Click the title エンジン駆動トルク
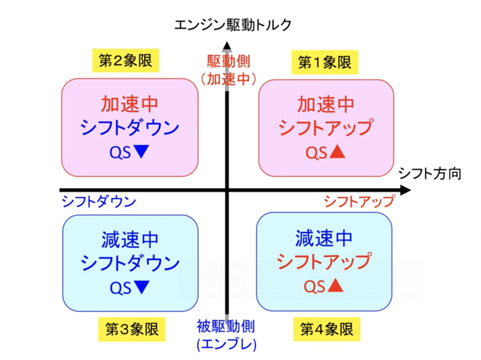click(x=232, y=25)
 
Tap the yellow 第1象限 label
click(x=325, y=62)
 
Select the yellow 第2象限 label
click(x=125, y=60)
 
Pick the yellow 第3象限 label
click(x=132, y=329)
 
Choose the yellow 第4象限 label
click(x=327, y=329)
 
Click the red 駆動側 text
click(x=228, y=61)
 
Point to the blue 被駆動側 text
click(x=226, y=327)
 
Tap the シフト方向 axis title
click(x=430, y=174)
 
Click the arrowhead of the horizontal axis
click(x=406, y=190)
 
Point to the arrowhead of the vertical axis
click(x=227, y=46)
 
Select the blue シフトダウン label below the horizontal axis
click(x=99, y=202)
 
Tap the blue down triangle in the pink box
click(x=141, y=151)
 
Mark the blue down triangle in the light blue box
click(x=141, y=287)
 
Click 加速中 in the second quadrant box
click(x=130, y=104)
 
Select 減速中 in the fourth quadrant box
click(x=324, y=238)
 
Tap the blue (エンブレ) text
click(x=226, y=344)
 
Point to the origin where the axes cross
click(x=227, y=190)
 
